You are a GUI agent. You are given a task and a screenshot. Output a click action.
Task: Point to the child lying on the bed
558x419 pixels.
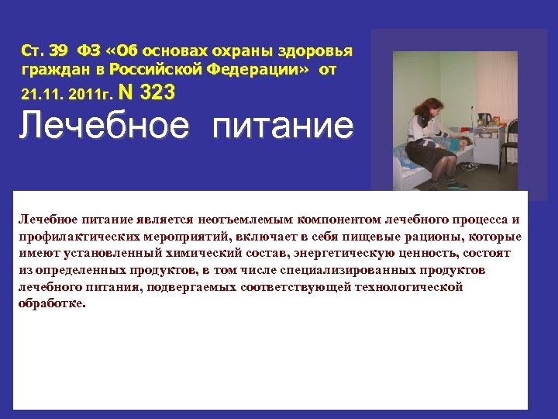click(457, 144)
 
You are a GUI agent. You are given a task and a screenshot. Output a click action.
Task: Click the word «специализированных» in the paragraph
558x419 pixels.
click(360, 270)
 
